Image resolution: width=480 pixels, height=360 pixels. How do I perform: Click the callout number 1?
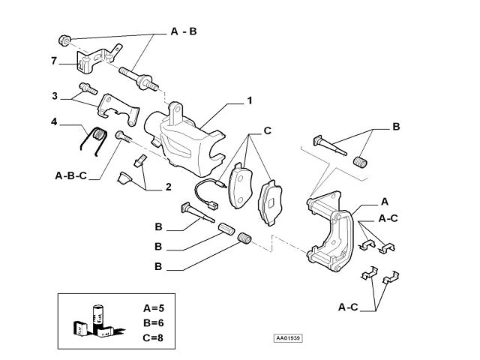pos(249,99)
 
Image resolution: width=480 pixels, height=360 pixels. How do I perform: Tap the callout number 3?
pos(55,96)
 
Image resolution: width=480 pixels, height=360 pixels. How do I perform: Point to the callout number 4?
pos(54,121)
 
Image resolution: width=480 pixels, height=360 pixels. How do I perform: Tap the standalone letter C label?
pos(267,132)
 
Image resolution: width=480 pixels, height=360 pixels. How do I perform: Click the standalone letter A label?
pos(385,202)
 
